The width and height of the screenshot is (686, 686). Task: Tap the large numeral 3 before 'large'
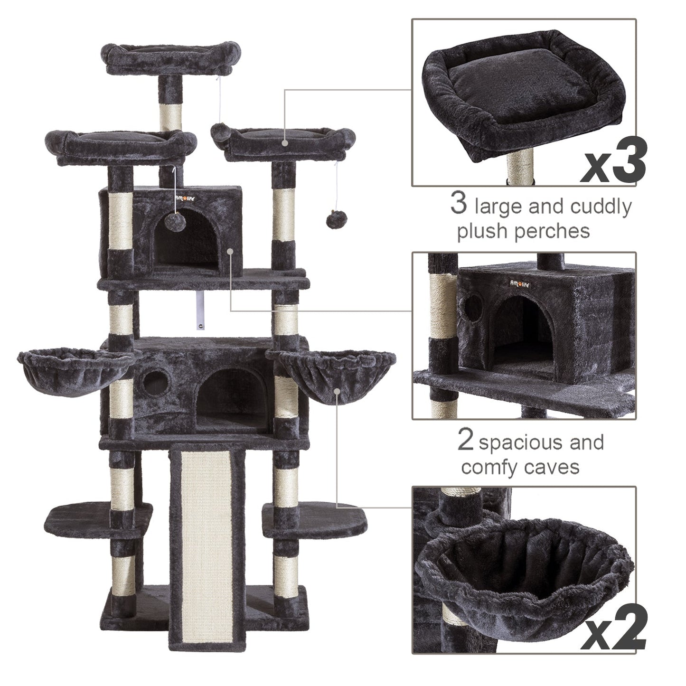tap(459, 203)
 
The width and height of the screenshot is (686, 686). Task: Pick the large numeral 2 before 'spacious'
tap(466, 440)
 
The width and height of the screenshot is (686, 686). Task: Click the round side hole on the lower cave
tap(155, 384)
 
